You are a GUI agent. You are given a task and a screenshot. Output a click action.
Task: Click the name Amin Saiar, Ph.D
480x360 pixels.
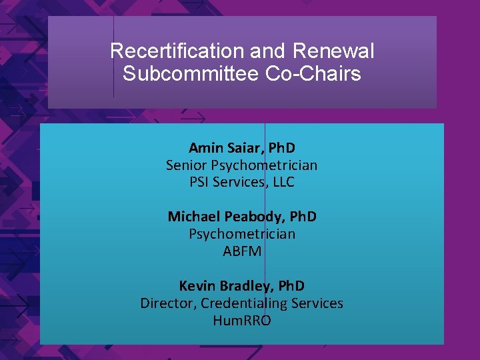(x=241, y=147)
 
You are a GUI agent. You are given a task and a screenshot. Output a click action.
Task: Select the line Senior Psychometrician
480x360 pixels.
(x=241, y=165)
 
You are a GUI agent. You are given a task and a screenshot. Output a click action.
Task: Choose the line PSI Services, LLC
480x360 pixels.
(x=241, y=182)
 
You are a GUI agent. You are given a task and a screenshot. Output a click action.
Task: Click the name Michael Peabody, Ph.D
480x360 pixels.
(x=241, y=217)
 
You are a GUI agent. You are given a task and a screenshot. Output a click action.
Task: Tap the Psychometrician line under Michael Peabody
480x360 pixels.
(x=241, y=234)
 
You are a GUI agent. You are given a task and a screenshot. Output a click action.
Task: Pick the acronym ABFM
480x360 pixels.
(x=241, y=251)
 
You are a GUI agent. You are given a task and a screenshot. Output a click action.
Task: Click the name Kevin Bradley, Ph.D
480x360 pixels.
(x=241, y=286)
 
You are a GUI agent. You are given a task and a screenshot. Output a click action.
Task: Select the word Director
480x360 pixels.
(x=167, y=303)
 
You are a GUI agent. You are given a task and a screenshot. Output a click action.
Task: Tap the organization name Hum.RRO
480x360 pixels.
(x=241, y=321)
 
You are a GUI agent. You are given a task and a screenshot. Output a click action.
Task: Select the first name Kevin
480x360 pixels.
(x=197, y=286)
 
